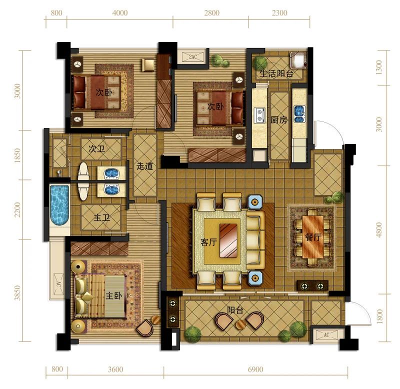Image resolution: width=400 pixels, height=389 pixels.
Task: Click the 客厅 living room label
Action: pos(208,242)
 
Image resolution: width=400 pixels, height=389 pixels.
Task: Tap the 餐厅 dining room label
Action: pos(313,237)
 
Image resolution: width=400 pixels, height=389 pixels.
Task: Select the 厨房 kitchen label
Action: pos(279,119)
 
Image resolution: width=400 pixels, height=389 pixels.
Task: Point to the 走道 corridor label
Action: pos(144,166)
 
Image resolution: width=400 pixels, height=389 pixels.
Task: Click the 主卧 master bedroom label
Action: pos(114,295)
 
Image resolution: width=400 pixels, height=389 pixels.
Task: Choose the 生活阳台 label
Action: pos(276,73)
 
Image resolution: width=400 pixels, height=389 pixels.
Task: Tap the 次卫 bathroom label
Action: pos(96,148)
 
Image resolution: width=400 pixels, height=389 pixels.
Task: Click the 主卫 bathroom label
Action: pos(102,217)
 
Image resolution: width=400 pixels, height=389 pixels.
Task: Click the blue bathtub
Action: pos(60,205)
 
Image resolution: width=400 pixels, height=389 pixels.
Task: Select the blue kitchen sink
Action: pos(299,114)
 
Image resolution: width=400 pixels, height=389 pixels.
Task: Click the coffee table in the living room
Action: pos(228,240)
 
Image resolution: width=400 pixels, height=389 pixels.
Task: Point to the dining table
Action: pos(313,237)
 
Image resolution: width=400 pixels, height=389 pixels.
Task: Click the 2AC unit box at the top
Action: pos(193,57)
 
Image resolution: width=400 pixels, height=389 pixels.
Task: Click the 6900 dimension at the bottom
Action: pos(255,369)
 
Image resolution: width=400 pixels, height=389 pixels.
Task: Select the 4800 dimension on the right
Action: pos(379,230)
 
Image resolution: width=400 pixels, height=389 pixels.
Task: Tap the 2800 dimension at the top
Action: pos(211,13)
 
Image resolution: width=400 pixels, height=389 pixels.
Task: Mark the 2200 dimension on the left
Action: pos(17,209)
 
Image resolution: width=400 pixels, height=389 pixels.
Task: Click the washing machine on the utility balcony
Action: pos(297,60)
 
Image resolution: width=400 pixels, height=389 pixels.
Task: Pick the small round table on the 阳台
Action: pos(241,324)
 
